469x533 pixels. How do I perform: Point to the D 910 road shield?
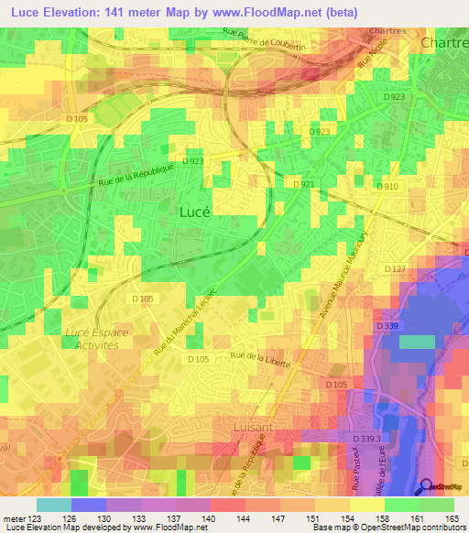click(387, 186)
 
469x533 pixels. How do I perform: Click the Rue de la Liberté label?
click(260, 358)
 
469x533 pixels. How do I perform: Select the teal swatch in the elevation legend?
click(54, 505)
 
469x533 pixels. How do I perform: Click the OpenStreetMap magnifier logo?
click(426, 486)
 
